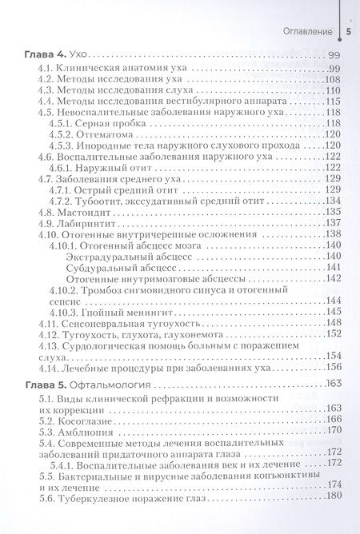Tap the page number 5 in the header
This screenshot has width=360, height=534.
(x=349, y=31)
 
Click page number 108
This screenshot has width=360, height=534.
(x=333, y=81)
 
